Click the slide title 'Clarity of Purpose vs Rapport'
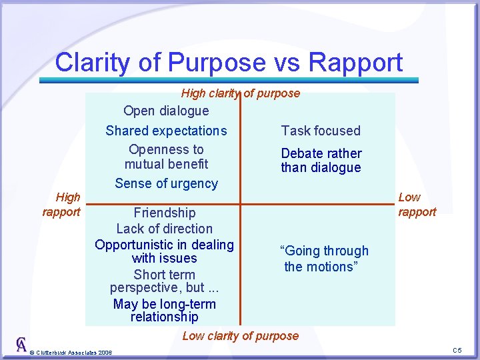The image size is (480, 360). click(x=229, y=62)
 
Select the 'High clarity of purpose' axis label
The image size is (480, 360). click(x=241, y=93)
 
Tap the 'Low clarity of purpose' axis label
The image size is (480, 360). click(x=241, y=336)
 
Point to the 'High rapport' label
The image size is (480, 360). click(x=61, y=205)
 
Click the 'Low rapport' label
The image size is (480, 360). click(x=417, y=205)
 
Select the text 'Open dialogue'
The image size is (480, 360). click(x=166, y=111)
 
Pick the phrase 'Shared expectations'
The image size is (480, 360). click(x=166, y=131)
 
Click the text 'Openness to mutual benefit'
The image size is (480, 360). click(x=166, y=157)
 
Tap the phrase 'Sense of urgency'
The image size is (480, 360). click(x=166, y=183)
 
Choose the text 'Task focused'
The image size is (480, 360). click(x=321, y=131)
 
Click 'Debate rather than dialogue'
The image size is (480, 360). click(x=321, y=161)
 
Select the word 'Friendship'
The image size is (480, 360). click(x=165, y=213)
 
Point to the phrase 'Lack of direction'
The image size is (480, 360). click(x=165, y=229)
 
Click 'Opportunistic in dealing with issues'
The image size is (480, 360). click(x=165, y=251)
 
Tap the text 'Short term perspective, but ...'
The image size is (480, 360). click(x=165, y=281)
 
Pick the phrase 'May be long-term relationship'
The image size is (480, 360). click(x=165, y=311)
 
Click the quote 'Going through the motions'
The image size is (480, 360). click(x=324, y=259)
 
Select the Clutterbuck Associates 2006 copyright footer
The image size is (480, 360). click(x=72, y=352)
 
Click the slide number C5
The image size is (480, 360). click(x=457, y=351)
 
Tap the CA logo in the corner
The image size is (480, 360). click(x=21, y=345)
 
